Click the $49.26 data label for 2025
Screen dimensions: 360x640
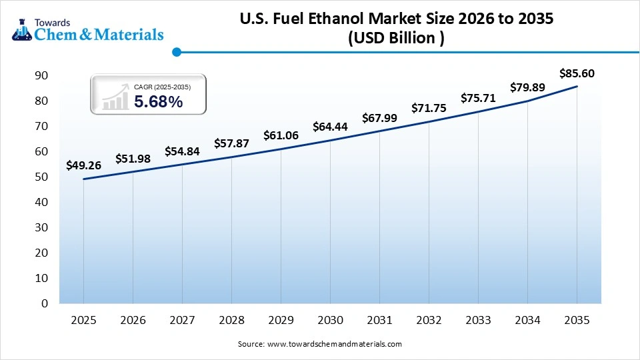coord(83,165)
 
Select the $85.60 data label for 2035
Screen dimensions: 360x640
coord(577,73)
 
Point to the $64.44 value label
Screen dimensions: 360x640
coord(330,127)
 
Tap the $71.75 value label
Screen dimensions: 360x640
coord(429,108)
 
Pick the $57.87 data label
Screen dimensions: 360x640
coord(231,143)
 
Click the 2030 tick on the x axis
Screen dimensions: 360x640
coord(330,320)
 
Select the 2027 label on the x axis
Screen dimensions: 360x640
coord(182,320)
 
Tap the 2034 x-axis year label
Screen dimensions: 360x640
coord(527,320)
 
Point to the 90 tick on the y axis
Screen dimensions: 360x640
coord(41,76)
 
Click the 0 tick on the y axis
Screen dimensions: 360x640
coord(45,303)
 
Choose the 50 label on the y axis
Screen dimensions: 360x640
coord(41,177)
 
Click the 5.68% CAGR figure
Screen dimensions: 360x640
coord(158,102)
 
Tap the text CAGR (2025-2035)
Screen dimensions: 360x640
coord(162,87)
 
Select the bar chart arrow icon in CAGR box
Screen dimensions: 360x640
coord(115,97)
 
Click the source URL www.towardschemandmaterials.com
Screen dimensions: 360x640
coord(334,344)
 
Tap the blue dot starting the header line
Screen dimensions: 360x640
coord(177,52)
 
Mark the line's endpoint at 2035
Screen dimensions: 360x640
coord(577,87)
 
